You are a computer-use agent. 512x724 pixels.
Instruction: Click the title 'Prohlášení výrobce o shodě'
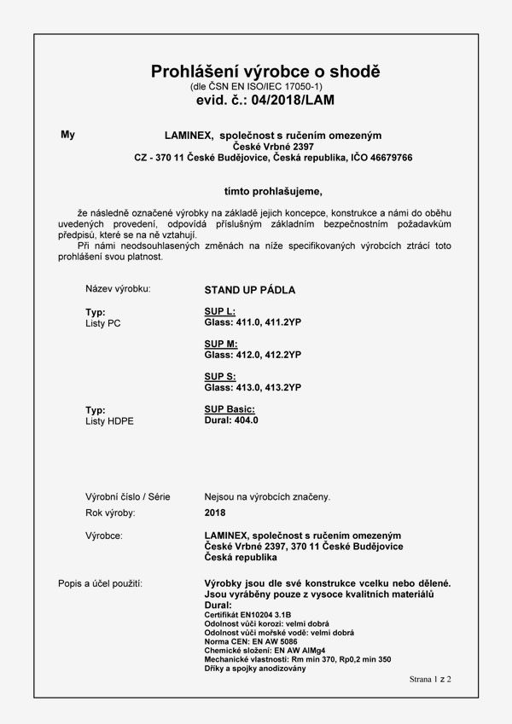coord(265,71)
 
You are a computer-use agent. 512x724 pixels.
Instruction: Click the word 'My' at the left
coord(68,135)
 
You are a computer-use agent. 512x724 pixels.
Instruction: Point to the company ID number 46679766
coord(388,158)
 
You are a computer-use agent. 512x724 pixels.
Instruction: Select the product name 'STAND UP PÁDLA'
coord(250,290)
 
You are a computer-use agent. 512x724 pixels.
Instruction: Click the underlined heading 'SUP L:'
coord(220,312)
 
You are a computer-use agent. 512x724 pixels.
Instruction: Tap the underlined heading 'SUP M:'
coord(221,344)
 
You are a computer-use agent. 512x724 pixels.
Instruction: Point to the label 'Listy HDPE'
coord(110,421)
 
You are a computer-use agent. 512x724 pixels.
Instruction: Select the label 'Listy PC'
coord(103,323)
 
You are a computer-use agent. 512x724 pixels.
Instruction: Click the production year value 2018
coord(215,513)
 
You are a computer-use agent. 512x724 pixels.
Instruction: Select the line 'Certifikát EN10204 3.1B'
coord(248,615)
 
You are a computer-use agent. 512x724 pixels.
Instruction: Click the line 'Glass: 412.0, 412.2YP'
coord(253,354)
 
